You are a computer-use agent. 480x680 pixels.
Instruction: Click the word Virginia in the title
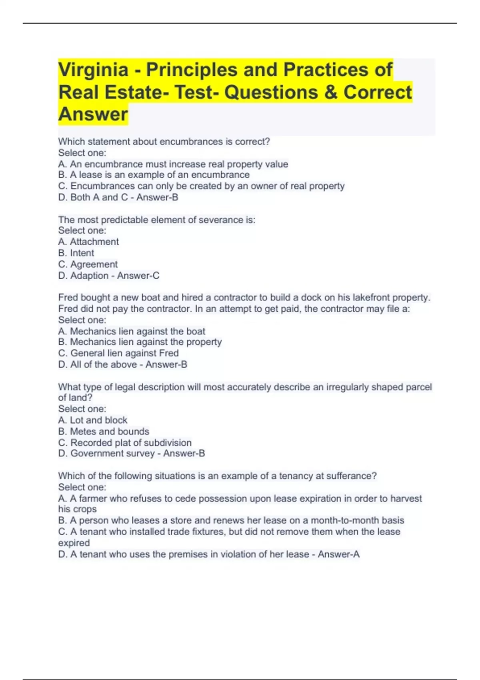[93, 70]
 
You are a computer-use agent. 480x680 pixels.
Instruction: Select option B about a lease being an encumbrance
[154, 175]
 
